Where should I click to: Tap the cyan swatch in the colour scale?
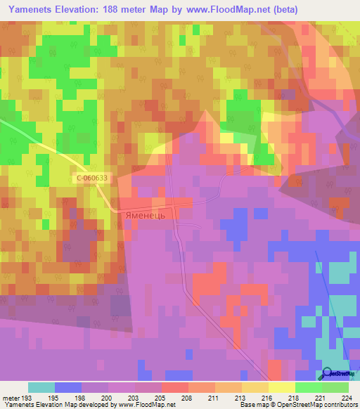(41, 387)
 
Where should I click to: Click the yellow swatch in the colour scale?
(281, 387)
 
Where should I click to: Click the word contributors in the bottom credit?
(340, 405)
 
